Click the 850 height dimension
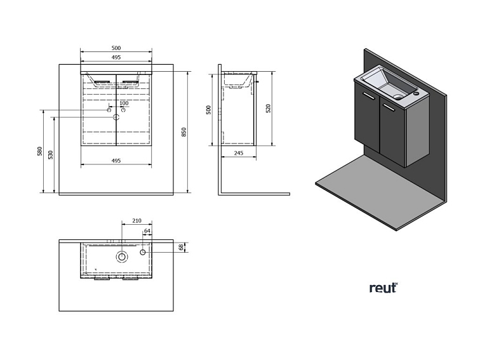click(x=183, y=133)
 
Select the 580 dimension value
click(x=39, y=152)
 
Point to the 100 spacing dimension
click(x=124, y=103)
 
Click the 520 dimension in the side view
click(x=269, y=109)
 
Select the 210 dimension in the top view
click(x=136, y=221)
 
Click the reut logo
click(x=383, y=288)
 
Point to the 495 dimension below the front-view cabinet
click(x=116, y=161)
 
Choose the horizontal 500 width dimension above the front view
click(x=116, y=48)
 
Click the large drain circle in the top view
click(x=121, y=257)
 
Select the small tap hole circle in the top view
click(x=143, y=253)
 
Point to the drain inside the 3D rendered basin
click(x=399, y=97)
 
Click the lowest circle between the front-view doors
click(x=116, y=117)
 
